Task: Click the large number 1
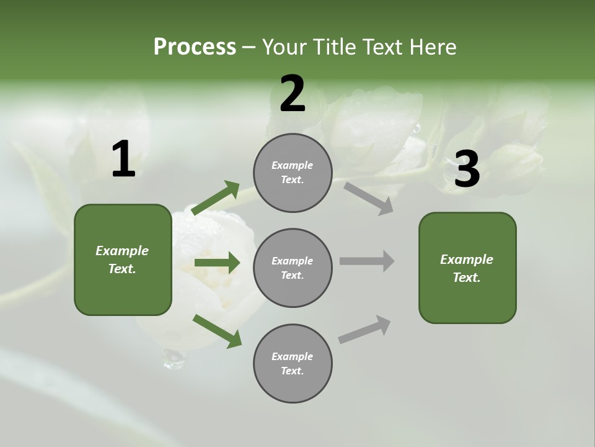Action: click(x=123, y=160)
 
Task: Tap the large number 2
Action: click(x=293, y=94)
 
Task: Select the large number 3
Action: click(x=467, y=169)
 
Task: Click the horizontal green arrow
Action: click(x=217, y=263)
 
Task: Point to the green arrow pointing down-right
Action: click(x=217, y=331)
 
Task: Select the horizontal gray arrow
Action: click(x=367, y=261)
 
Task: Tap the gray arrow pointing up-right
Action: click(x=365, y=329)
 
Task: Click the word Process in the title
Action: click(x=195, y=47)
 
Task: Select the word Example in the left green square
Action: click(x=122, y=251)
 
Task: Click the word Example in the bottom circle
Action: click(x=293, y=356)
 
